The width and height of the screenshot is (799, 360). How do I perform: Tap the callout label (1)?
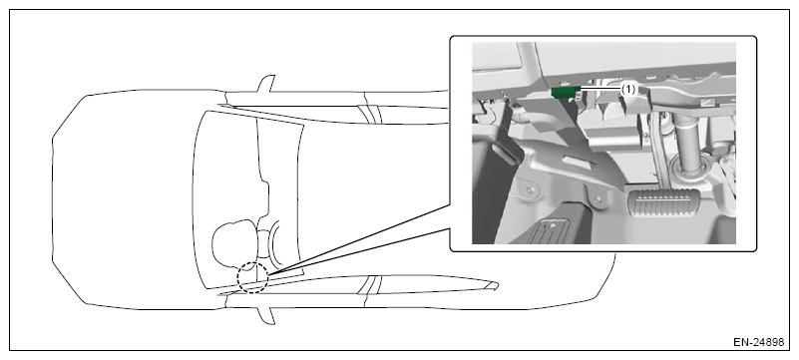click(628, 89)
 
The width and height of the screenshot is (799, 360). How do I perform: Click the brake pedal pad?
click(664, 203)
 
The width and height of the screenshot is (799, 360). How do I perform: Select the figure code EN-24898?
click(758, 343)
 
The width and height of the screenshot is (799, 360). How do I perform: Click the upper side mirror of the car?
click(267, 84)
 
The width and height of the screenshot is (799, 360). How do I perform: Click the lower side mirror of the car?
click(267, 315)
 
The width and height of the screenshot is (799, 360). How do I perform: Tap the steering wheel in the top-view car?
click(275, 244)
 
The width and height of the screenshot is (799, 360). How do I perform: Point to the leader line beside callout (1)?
click(599, 89)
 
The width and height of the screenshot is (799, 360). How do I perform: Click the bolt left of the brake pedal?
click(598, 197)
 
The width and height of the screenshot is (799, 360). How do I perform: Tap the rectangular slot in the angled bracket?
click(580, 164)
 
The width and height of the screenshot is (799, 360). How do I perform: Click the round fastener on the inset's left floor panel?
click(531, 189)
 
